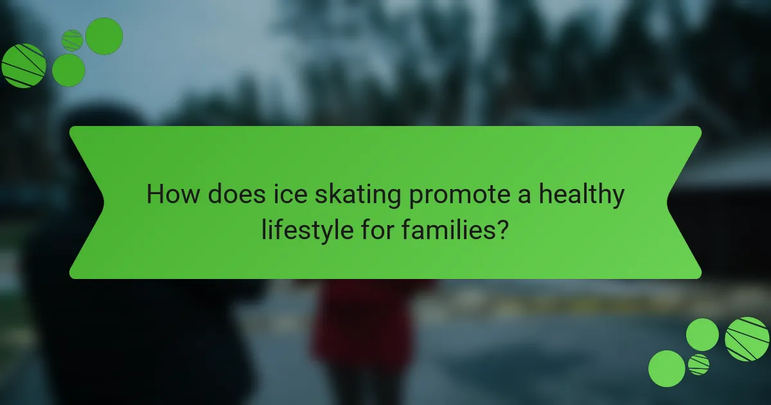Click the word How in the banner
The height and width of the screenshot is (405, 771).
173,195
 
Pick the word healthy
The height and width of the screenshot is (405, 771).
580,195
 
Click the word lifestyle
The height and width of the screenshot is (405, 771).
305,230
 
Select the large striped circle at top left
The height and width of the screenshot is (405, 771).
24,66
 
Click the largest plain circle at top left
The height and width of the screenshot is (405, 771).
104,36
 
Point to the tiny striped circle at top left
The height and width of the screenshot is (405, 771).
72,40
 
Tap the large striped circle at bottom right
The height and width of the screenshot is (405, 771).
747,339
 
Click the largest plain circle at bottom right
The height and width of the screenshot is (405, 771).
666,368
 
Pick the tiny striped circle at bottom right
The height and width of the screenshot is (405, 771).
698,364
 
